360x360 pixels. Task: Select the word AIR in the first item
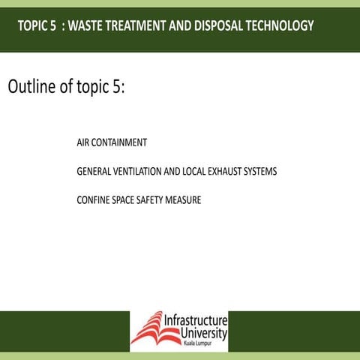83,142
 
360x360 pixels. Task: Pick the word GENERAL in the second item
94,172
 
